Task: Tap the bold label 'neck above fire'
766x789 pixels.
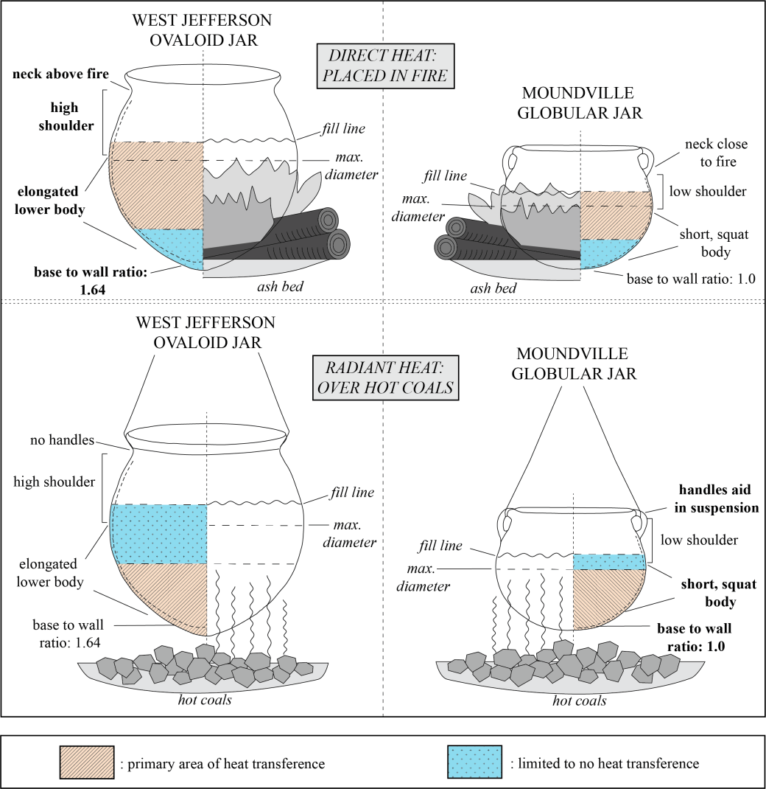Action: pyautogui.click(x=60, y=74)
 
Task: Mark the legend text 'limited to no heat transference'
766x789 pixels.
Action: pyautogui.click(x=604, y=764)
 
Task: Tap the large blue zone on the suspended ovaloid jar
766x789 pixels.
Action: pyautogui.click(x=158, y=533)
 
